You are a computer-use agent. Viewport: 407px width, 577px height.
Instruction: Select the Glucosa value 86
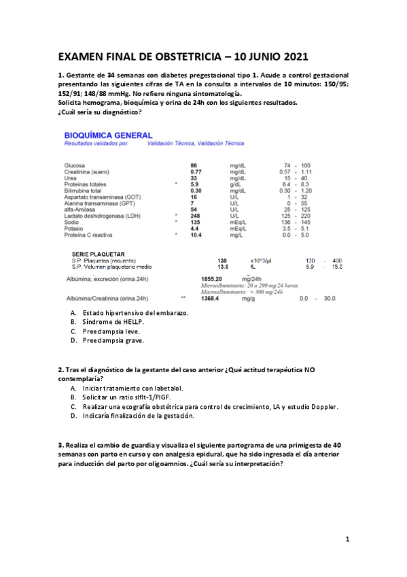(x=194, y=165)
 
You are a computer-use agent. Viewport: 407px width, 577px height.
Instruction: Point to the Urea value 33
(x=194, y=178)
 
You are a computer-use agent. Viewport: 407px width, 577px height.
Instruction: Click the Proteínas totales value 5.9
(x=194, y=184)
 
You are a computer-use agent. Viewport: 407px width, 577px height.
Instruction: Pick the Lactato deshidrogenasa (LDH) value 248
(x=196, y=216)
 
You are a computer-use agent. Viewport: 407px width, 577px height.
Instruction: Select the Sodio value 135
(x=195, y=222)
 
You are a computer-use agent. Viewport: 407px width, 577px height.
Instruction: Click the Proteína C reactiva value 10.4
(x=196, y=235)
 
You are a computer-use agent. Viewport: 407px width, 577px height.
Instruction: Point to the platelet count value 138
(x=222, y=261)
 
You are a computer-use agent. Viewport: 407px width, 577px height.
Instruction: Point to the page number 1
(x=347, y=540)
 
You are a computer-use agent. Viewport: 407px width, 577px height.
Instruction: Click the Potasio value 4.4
(x=194, y=228)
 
